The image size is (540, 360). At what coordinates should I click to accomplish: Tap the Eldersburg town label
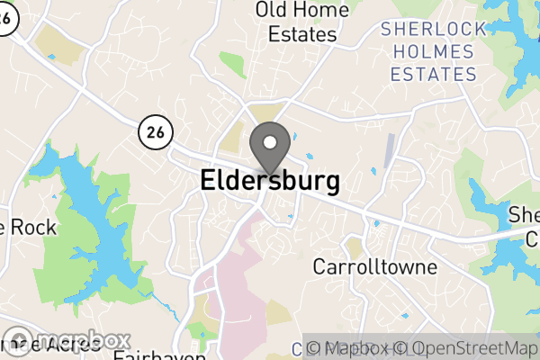point(270,181)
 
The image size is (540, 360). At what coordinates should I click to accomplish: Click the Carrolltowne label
point(374,267)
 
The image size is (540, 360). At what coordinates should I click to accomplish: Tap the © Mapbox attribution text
point(346,348)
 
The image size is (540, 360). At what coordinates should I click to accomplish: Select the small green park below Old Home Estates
point(232,65)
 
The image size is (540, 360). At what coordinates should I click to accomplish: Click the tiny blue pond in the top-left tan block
point(51,58)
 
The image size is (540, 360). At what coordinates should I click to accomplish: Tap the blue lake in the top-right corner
point(517,45)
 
